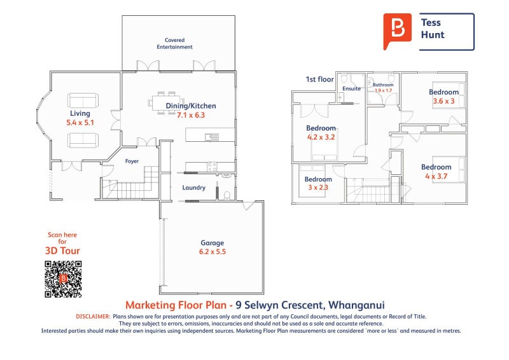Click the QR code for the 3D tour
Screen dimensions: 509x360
[x=63, y=279]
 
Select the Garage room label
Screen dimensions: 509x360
[x=213, y=243]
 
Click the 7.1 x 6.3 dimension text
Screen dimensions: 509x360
[x=191, y=115]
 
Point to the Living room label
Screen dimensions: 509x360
[x=80, y=113]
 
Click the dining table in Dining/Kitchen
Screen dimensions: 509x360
[x=166, y=103]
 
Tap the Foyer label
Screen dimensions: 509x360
[x=132, y=161]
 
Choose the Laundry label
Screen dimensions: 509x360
[x=194, y=188]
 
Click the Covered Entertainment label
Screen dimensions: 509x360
[x=174, y=43]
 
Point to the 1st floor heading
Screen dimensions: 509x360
[x=320, y=80]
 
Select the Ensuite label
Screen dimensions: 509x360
[x=352, y=88]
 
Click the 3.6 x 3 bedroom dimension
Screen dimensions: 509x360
[x=443, y=101]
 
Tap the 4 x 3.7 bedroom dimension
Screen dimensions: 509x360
[x=436, y=176]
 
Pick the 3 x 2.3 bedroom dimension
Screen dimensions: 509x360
[x=318, y=187]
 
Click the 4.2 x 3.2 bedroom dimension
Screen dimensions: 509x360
[x=321, y=137]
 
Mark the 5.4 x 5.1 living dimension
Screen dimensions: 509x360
[x=80, y=123]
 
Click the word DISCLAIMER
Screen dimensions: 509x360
[x=93, y=317]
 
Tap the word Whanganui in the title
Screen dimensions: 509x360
[x=356, y=305]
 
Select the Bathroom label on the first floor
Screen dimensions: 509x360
[x=383, y=85]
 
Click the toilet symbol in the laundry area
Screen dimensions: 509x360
[x=227, y=195]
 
